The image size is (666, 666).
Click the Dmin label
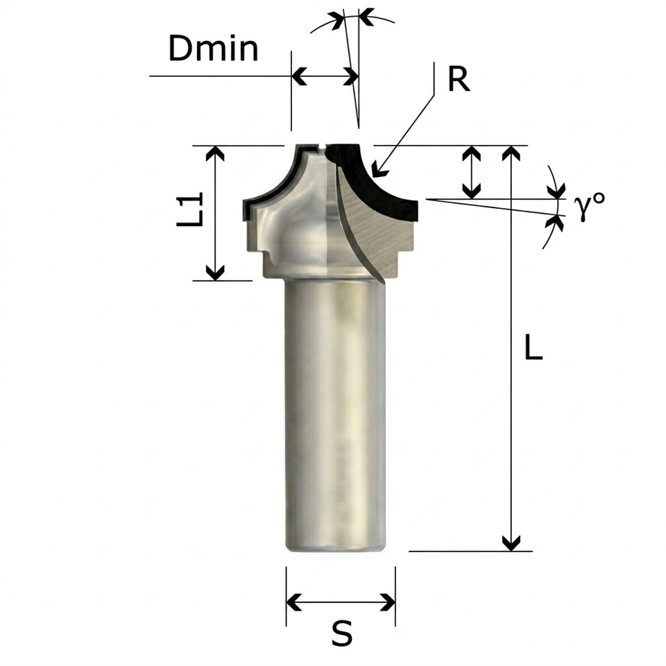coord(213,49)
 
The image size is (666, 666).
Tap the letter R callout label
coord(459,79)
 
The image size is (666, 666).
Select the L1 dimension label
coord(190,209)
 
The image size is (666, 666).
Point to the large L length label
coord(533,347)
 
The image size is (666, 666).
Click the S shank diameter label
coord(342,633)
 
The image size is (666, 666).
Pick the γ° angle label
coord(589,205)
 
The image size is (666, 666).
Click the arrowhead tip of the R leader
coord(373,176)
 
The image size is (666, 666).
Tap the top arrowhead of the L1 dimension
coord(215,147)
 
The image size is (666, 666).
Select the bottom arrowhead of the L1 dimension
coord(215,279)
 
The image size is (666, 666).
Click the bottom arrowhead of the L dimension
coord(511,550)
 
